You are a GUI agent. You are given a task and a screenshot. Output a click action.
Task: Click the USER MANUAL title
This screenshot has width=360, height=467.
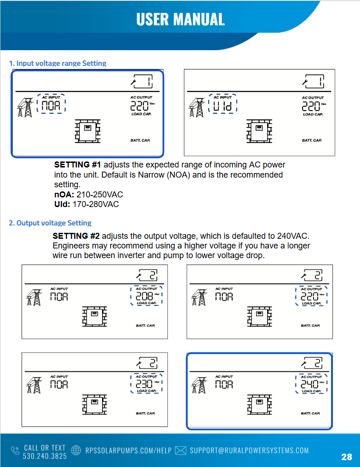[x=180, y=19]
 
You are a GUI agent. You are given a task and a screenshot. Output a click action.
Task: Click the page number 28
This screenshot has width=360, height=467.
[x=347, y=457]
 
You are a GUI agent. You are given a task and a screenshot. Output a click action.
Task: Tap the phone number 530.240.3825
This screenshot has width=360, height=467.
[x=45, y=455]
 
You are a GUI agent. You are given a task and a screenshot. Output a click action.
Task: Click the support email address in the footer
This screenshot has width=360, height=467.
[x=249, y=450]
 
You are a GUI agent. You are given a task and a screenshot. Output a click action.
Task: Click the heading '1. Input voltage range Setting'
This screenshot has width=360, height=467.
[x=57, y=63]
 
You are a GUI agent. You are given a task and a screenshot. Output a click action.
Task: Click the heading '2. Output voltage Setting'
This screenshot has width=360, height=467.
[x=50, y=223]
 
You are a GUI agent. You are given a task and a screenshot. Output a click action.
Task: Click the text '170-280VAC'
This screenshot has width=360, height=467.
[x=96, y=204]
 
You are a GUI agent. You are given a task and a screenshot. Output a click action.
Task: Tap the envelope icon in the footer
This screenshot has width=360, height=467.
[x=181, y=450]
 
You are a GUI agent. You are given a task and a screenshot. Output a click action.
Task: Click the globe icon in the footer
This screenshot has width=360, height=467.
[x=77, y=450]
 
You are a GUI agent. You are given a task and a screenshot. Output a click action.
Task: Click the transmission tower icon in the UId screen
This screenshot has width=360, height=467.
[x=197, y=109]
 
